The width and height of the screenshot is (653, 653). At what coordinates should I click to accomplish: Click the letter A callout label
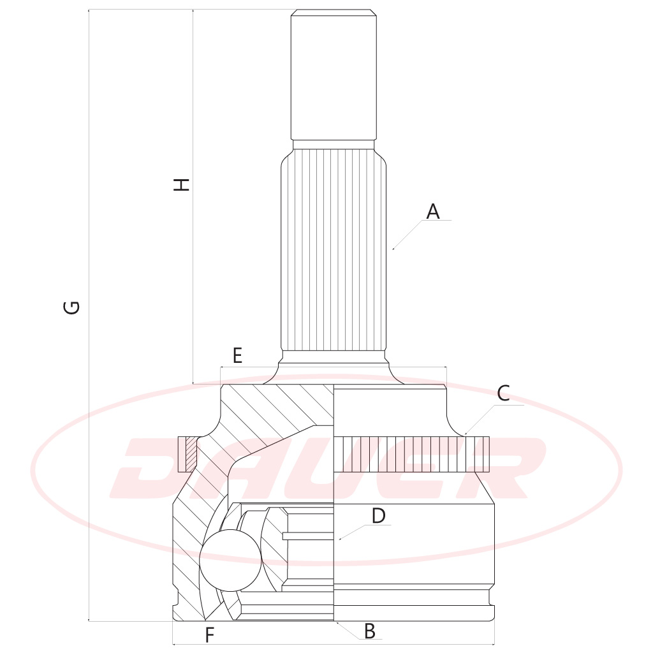tap(433, 212)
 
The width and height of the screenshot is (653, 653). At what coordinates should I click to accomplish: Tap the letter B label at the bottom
tap(369, 631)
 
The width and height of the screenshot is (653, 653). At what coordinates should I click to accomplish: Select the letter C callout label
tap(504, 393)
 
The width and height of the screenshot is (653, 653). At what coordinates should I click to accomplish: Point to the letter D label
tap(378, 515)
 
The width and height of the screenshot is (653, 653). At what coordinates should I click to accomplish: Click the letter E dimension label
tap(237, 356)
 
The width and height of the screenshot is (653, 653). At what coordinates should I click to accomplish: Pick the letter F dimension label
tap(209, 635)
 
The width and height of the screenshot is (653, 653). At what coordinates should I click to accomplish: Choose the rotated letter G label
tap(71, 307)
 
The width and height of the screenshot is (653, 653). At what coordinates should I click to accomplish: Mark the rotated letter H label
tap(181, 184)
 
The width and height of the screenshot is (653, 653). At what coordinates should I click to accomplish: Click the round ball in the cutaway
tap(230, 560)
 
